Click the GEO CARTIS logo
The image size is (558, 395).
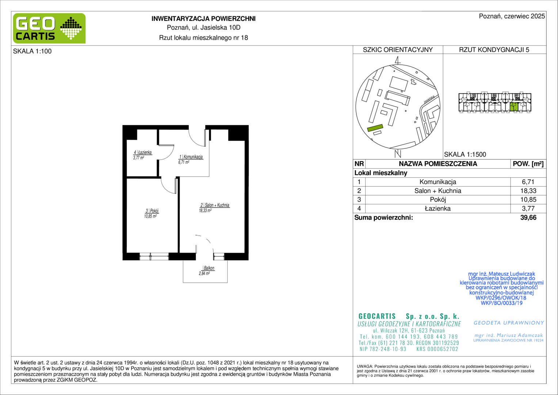(49, 28)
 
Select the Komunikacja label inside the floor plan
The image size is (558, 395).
(193, 157)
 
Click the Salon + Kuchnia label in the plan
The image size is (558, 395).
(217, 205)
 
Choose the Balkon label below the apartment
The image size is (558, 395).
(209, 268)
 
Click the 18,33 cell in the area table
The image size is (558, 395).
(528, 191)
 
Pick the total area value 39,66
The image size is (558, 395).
(528, 217)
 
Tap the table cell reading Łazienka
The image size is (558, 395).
(438, 208)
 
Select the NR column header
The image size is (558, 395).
(359, 164)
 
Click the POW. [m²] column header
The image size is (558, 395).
(528, 164)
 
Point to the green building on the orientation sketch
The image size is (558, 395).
(375, 128)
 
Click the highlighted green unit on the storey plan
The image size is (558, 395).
(514, 107)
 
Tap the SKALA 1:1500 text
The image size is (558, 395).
(465, 154)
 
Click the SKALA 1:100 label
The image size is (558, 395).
(32, 51)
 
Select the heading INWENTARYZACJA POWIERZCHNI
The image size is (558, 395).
(203, 19)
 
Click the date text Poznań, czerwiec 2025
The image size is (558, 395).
(512, 16)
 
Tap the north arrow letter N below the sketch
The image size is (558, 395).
(398, 154)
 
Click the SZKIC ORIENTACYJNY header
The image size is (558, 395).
(398, 50)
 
